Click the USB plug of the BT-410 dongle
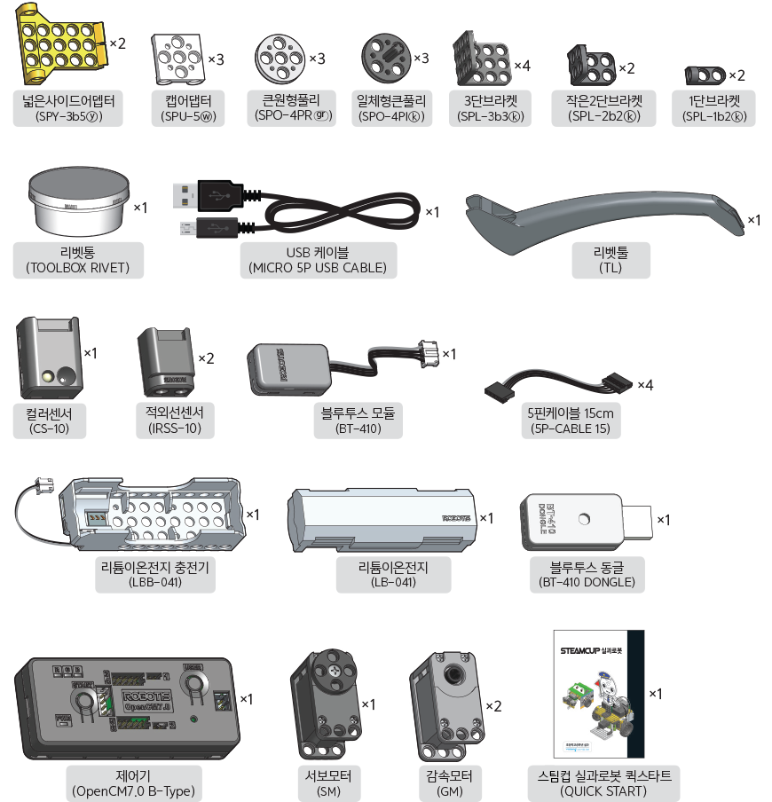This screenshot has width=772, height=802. coord(640,519)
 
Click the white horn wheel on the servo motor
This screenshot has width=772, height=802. coord(335,667)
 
